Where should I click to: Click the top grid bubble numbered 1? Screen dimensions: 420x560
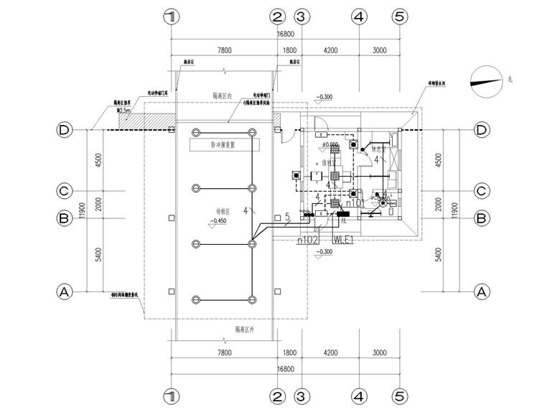(170, 17)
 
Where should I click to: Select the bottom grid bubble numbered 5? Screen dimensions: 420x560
(400, 395)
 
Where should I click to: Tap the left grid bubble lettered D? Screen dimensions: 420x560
(65, 130)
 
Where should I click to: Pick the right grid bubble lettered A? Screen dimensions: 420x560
(482, 291)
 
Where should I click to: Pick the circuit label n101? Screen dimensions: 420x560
(355, 203)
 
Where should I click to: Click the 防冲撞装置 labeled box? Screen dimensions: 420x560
(223, 145)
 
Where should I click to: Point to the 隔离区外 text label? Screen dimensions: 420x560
(244, 329)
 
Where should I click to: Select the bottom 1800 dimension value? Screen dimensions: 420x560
(289, 353)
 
